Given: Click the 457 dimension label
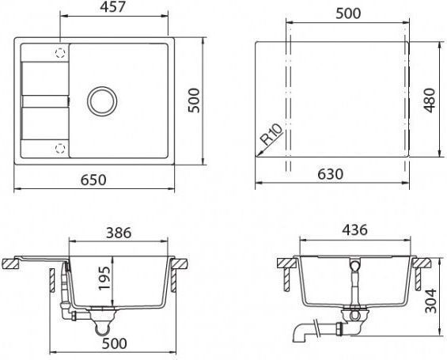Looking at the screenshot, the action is coord(112,7).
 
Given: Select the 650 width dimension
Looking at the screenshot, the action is coord(93,180).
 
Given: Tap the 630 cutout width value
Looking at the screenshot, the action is coord(331,174).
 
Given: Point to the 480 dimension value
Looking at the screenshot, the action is coord(430,100).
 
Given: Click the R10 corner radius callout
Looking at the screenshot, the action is coord(271,135).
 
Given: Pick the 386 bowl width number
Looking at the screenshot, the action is coord(119,233).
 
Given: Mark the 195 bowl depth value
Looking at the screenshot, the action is coord(104,279).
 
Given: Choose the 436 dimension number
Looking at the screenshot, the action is coord(354,229).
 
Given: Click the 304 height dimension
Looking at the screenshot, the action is coord(430,301).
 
